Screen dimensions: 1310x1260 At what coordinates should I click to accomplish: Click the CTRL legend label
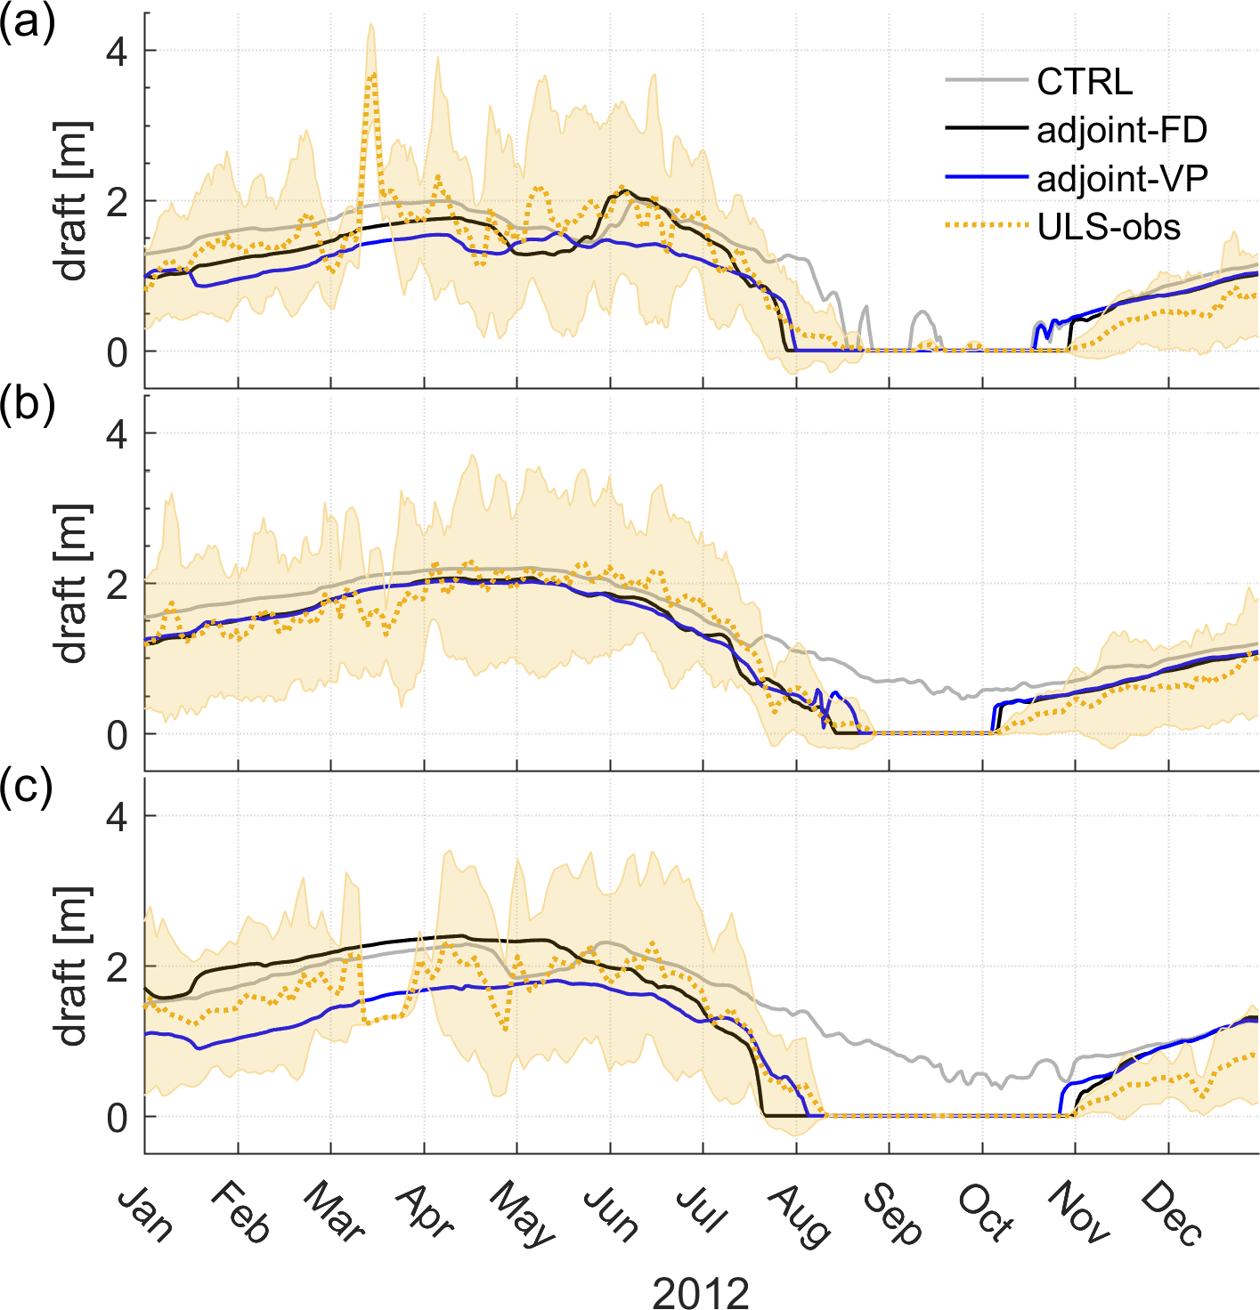click(x=1085, y=82)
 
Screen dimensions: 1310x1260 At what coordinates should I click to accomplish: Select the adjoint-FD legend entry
click(x=1122, y=131)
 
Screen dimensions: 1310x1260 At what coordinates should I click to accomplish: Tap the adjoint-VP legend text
click(x=1122, y=180)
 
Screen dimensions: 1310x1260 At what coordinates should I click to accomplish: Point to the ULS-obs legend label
click(x=1109, y=228)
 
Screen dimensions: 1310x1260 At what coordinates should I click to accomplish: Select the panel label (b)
click(x=28, y=404)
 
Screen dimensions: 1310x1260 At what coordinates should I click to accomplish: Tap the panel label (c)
click(x=28, y=787)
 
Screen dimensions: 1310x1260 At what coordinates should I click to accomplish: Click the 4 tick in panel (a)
click(x=118, y=51)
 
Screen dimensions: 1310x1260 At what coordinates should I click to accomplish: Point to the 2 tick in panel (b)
click(x=118, y=584)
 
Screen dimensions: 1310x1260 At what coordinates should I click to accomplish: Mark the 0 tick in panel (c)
click(x=118, y=1118)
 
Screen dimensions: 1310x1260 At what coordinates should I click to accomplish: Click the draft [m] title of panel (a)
click(x=73, y=201)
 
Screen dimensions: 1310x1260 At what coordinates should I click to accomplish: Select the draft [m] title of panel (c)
click(x=73, y=966)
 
